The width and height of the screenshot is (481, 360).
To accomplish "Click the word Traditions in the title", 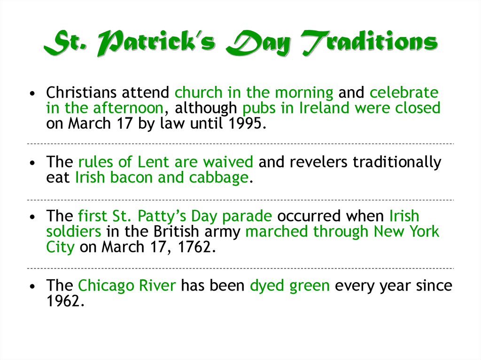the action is (x=369, y=42).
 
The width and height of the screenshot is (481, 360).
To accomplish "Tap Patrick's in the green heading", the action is (x=156, y=43).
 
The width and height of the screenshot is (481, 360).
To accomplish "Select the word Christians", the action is (x=81, y=92).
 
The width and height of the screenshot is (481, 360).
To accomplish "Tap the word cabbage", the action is (x=219, y=178).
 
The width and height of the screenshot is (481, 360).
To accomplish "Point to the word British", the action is (x=176, y=231).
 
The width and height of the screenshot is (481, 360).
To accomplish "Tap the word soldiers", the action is (x=74, y=231).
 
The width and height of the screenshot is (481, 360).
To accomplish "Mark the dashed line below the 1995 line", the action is (x=240, y=144).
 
